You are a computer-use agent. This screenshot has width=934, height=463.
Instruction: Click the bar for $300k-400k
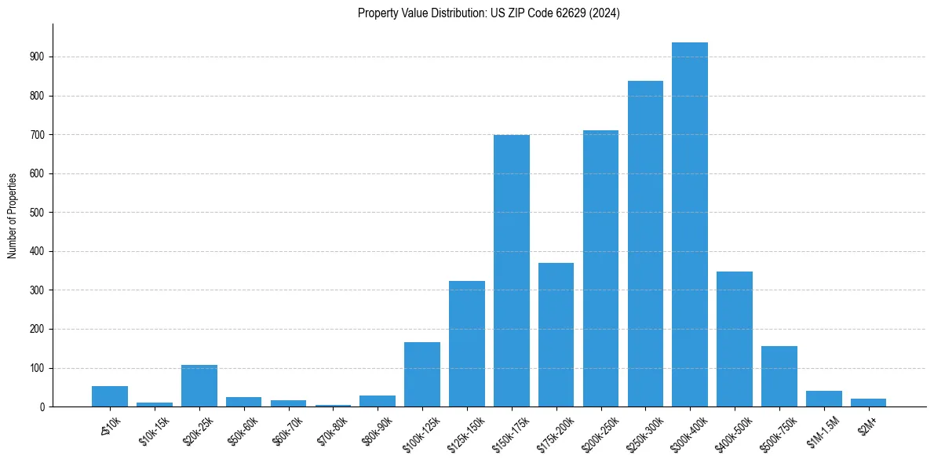690,224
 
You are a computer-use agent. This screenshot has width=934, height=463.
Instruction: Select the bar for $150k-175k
511,271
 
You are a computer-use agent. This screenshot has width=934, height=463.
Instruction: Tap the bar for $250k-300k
645,244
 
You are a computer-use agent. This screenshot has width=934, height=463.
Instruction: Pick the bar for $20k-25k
199,386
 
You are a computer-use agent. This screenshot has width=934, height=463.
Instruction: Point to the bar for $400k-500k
735,339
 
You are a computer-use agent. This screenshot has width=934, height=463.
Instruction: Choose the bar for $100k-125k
422,374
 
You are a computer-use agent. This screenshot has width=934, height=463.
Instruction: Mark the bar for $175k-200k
556,335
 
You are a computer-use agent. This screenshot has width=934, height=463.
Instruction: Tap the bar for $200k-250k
600,268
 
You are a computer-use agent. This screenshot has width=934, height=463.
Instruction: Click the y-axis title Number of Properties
13,216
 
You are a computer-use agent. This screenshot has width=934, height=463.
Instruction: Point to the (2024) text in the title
605,13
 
